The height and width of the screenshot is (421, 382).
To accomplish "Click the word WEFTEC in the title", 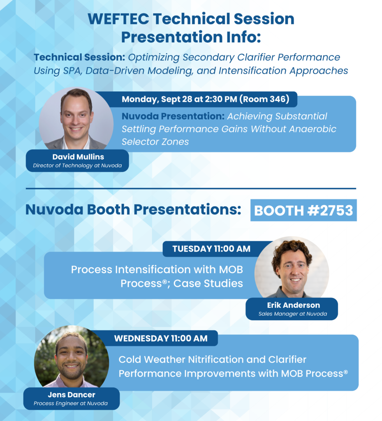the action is coord(118,19).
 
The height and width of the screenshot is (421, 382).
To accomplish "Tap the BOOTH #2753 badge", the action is coord(303,210).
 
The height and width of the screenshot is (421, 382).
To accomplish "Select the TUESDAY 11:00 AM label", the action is coord(211,249).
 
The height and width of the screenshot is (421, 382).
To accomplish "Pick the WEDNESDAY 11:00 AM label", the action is coord(161,338).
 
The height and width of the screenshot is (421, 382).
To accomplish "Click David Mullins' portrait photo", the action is coord(76,119).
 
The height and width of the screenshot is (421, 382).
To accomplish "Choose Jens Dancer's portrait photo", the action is coord(72,357).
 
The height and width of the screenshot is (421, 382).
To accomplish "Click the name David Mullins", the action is coord(78,157).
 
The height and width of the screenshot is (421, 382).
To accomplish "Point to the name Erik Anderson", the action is coord(294,305).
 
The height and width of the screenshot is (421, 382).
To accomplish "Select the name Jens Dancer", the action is coord(72,395).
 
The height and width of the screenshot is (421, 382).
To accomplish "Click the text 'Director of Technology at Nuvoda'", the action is coord(77,165).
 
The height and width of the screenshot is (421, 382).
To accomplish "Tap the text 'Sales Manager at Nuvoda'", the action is coord(293,314).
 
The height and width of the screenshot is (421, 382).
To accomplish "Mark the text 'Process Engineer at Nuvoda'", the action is coord(71,403).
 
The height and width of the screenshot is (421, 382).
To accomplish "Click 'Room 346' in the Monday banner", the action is coord(264,99).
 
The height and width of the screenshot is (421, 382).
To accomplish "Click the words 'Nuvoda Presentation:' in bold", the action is coord(173,116).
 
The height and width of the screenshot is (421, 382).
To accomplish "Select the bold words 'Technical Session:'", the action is coord(79,57).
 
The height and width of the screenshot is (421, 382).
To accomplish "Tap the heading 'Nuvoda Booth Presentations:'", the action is coord(133,210).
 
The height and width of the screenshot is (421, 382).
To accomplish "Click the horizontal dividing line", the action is coord(191,188).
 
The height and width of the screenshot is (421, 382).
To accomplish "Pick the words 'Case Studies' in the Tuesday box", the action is coord(208,283).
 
